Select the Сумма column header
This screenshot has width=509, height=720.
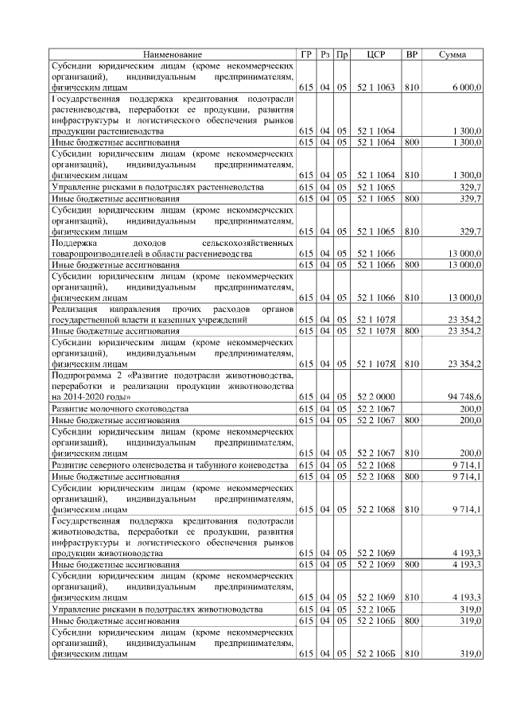click(453, 54)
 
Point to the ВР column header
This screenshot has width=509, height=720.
click(411, 54)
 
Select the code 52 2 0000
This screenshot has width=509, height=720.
click(375, 395)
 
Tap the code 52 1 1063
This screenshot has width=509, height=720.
click(375, 86)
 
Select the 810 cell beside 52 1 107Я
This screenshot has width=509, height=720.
click(411, 364)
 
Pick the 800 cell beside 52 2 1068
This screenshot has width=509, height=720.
click(411, 476)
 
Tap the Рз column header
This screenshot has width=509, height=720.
click(324, 54)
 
